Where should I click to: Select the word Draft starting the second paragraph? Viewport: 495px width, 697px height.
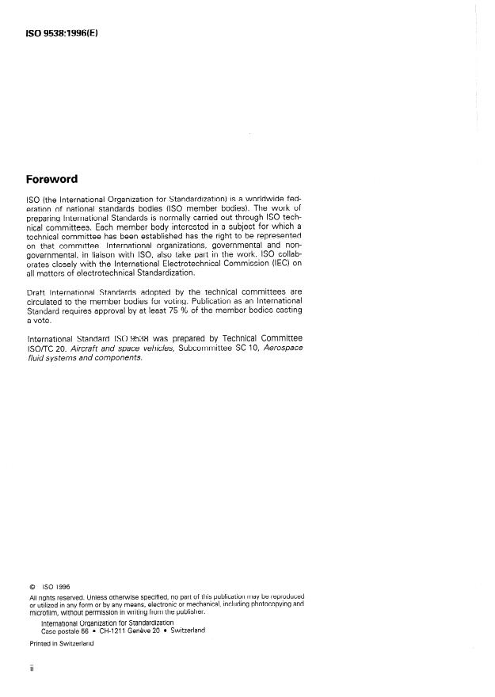(x=36, y=292)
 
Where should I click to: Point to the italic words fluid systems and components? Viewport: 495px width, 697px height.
(x=85, y=358)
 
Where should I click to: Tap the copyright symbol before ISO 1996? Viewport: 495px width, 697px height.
(x=32, y=587)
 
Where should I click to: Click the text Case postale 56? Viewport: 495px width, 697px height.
(x=67, y=630)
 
